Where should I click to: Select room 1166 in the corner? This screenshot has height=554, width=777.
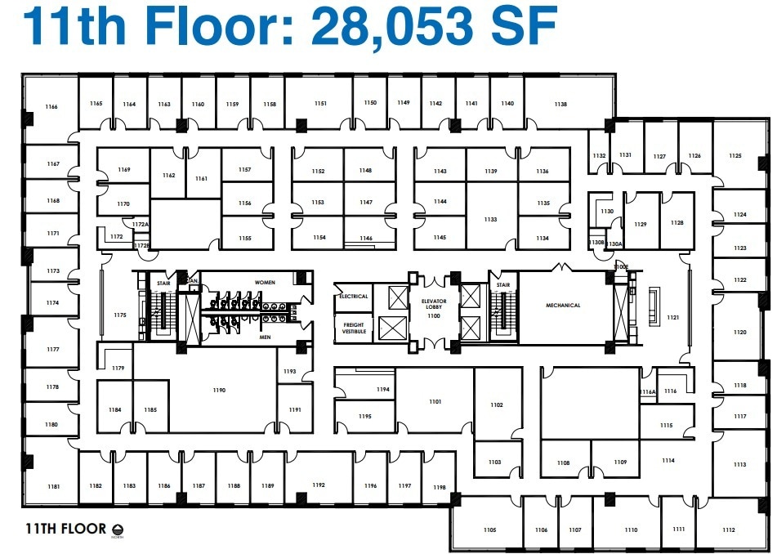[51, 107]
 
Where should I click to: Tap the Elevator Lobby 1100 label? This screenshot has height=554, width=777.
[433, 309]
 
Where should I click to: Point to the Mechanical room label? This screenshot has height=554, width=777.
[563, 306]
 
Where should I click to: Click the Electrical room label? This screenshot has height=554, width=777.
[353, 297]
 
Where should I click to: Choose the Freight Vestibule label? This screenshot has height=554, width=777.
[353, 328]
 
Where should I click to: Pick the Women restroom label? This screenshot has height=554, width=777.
[265, 283]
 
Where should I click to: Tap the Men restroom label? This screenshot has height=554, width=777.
[265, 337]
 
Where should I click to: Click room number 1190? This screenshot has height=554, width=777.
[218, 391]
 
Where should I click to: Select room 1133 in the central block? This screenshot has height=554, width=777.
[490, 220]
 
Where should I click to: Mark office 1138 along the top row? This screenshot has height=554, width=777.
[560, 105]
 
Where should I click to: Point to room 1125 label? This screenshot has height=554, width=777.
[735, 156]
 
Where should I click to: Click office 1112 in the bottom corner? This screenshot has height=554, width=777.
[729, 530]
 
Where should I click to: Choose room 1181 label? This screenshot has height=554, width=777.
[53, 487]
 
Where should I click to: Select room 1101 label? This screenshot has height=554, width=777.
[435, 402]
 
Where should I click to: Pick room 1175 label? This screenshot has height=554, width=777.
[120, 315]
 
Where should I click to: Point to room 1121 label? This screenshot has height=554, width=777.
[672, 317]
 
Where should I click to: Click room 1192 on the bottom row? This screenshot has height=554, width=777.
[318, 485]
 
